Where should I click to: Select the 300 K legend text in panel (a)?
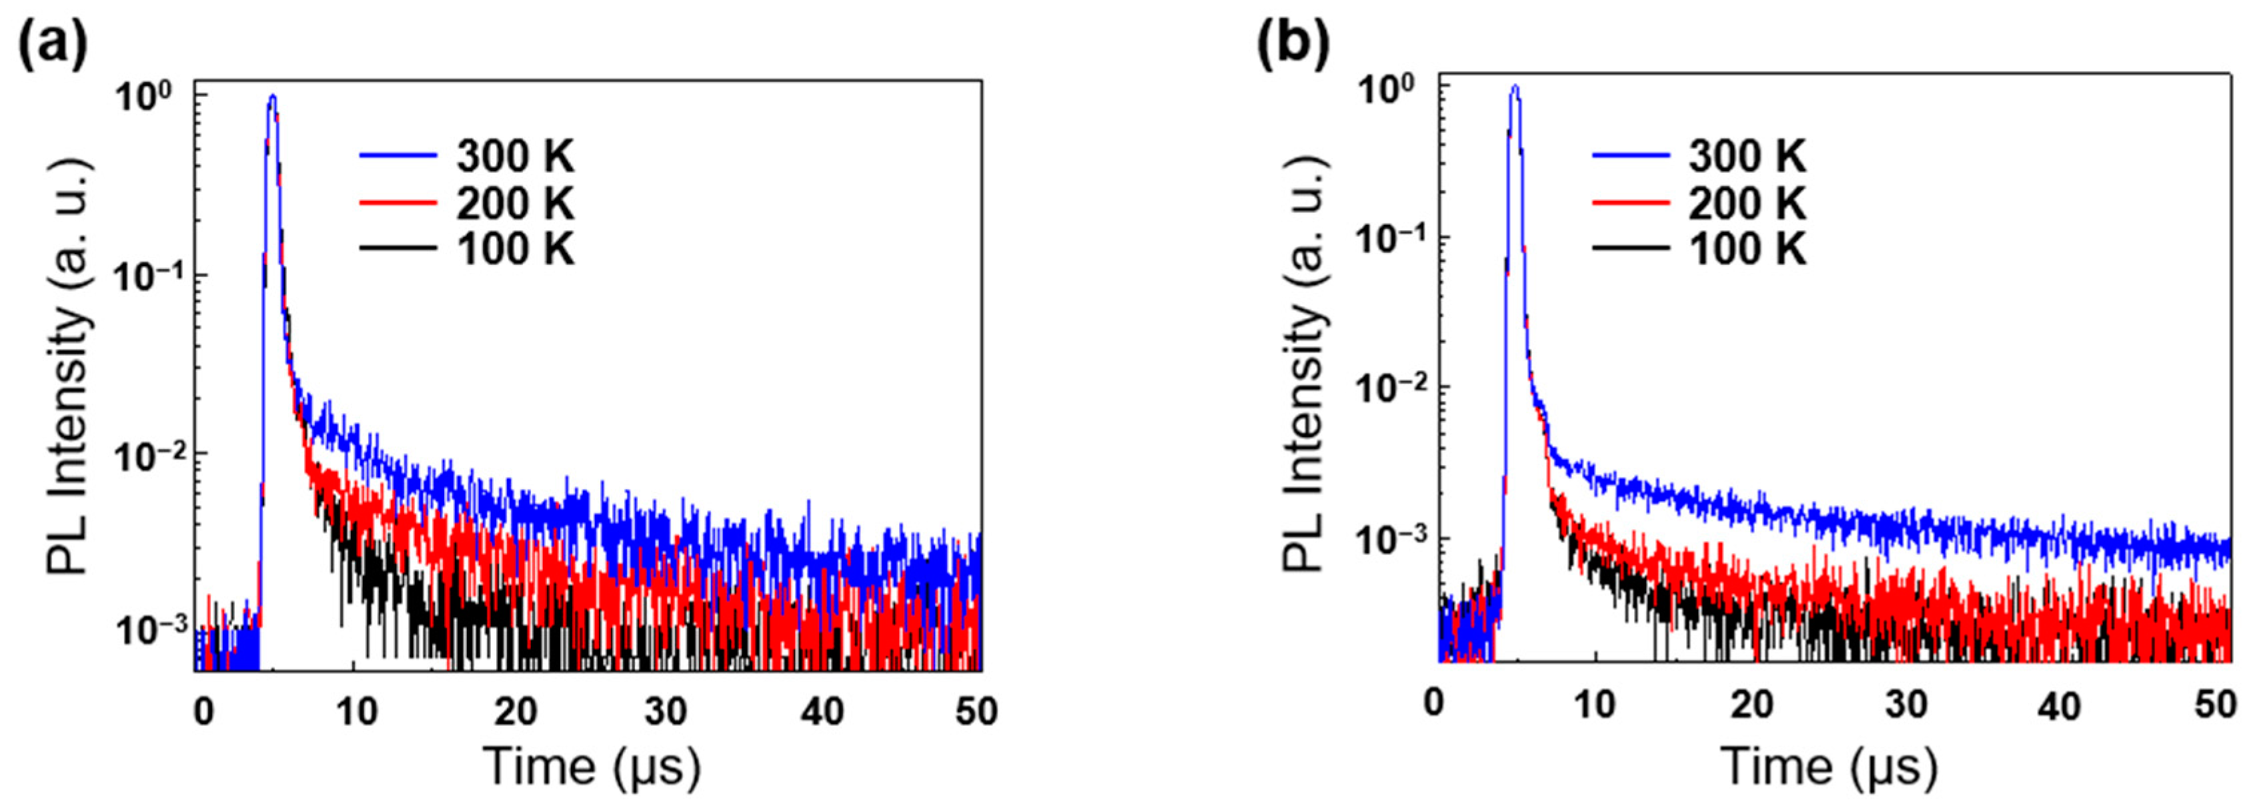tap(515, 157)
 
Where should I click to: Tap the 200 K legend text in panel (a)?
tap(515, 204)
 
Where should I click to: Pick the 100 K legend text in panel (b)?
tap(1747, 250)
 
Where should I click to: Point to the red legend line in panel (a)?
tap(398, 203)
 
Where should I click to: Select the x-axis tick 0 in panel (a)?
tap(203, 711)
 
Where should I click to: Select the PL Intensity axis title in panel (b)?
tap(1304, 367)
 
